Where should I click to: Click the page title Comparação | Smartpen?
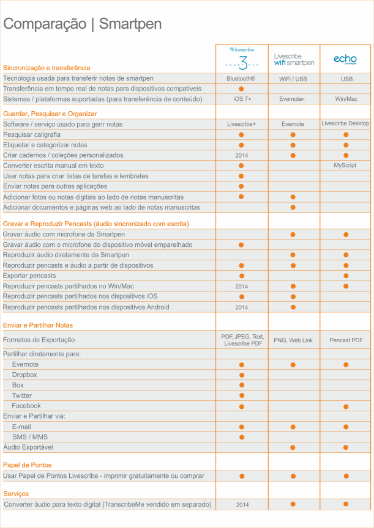pyautogui.click(x=83, y=24)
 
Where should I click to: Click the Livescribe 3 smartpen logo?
pyautogui.click(x=241, y=59)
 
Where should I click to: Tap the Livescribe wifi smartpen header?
pyautogui.click(x=294, y=59)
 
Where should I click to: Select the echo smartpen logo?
pyautogui.click(x=345, y=59)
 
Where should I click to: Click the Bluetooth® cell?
pyautogui.click(x=241, y=79)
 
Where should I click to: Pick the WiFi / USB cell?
pyautogui.click(x=293, y=79)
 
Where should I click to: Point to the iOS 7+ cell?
pyautogui.click(x=241, y=99)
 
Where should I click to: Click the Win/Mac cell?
pyautogui.click(x=346, y=99)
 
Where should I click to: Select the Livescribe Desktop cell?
pyautogui.click(x=346, y=123)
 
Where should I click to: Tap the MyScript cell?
pyautogui.click(x=346, y=166)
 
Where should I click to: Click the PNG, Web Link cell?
pyautogui.click(x=293, y=340)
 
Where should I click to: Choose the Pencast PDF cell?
pyautogui.click(x=346, y=340)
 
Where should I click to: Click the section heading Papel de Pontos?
pyautogui.click(x=28, y=465)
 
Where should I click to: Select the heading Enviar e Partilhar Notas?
pyautogui.click(x=38, y=325)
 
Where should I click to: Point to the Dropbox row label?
pyautogui.click(x=24, y=375)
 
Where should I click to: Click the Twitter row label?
pyautogui.click(x=22, y=395)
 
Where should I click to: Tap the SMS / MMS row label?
pyautogui.click(x=30, y=437)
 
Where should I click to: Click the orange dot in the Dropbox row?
pyautogui.click(x=241, y=375)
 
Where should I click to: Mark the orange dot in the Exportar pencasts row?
pyautogui.click(x=346, y=276)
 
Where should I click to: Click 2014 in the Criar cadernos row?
pyautogui.click(x=241, y=155)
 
